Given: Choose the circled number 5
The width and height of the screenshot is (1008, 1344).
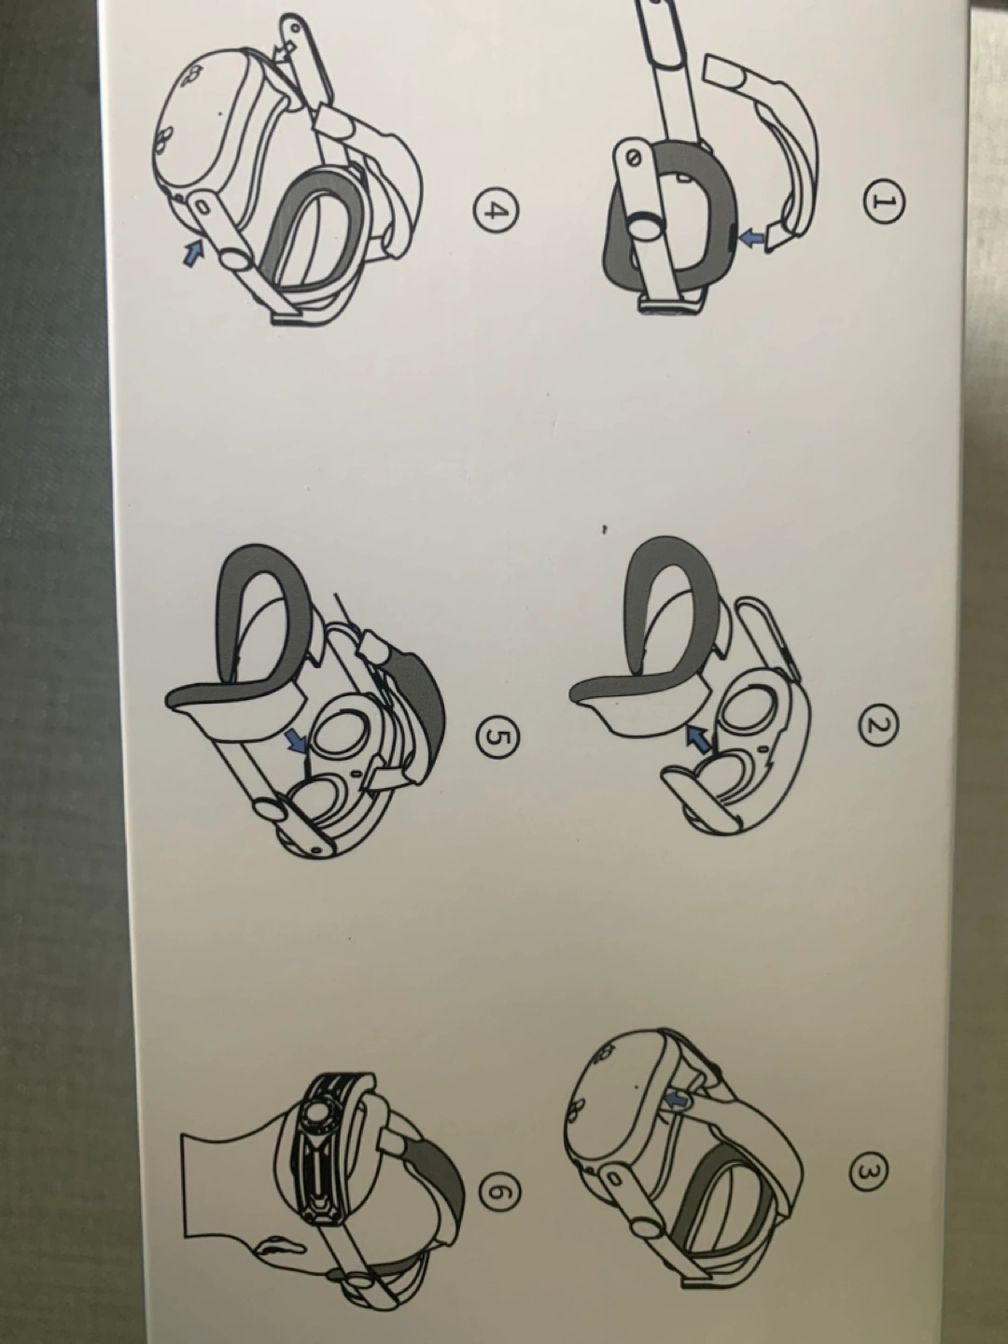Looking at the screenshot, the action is [x=497, y=736].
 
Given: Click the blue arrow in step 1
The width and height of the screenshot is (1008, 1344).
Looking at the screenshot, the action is [x=753, y=241].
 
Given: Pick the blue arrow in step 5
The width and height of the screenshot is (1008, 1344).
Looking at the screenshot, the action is [x=298, y=742].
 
